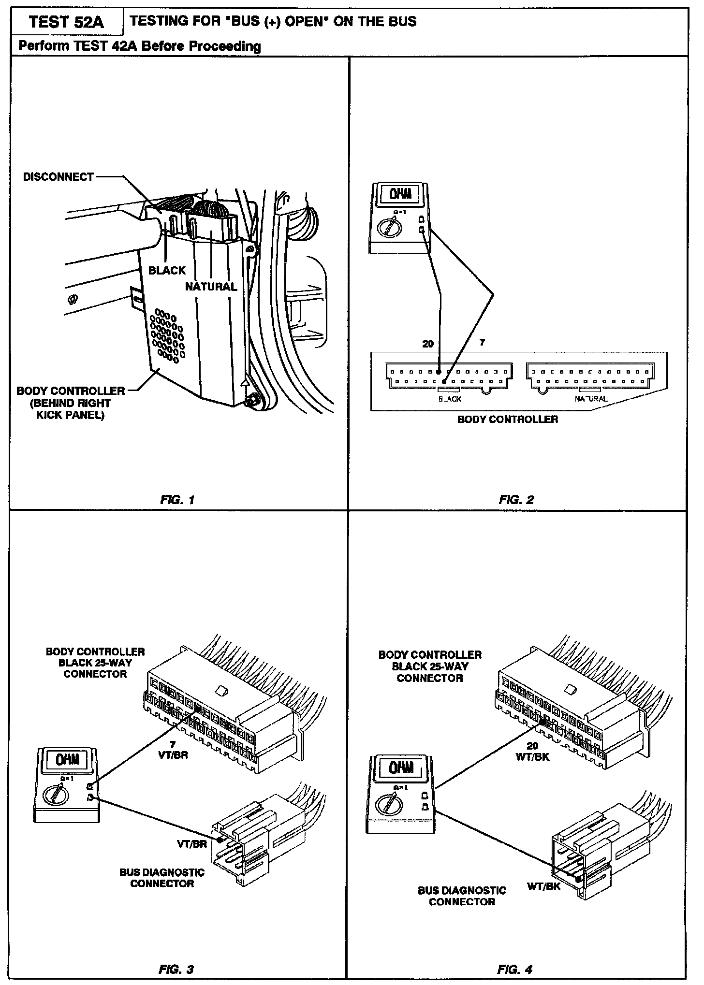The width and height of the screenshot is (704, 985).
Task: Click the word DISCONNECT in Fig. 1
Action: pyautogui.click(x=59, y=177)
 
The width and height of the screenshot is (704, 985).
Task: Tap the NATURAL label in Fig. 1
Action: pyautogui.click(x=211, y=287)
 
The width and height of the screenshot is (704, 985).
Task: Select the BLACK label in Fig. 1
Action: pyautogui.click(x=167, y=271)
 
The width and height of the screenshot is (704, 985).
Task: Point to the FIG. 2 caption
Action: pyautogui.click(x=516, y=500)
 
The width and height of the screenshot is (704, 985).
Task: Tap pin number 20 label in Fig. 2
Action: pyautogui.click(x=428, y=344)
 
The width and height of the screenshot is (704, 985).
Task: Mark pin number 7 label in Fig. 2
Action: pyautogui.click(x=482, y=343)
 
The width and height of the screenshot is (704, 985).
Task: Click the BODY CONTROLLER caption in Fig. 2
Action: pyautogui.click(x=507, y=420)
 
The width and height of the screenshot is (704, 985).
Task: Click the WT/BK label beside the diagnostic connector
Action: pyautogui.click(x=543, y=887)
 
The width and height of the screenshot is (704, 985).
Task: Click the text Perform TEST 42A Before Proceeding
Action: pyautogui.click(x=139, y=46)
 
